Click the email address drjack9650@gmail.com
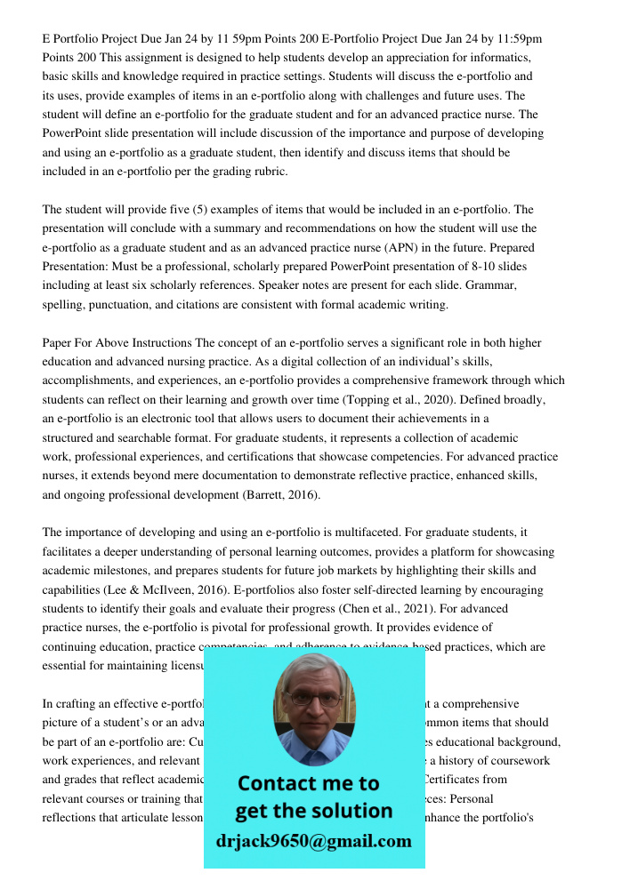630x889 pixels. click(x=314, y=841)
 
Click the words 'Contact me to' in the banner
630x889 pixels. click(x=309, y=783)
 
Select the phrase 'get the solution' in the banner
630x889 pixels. click(x=314, y=811)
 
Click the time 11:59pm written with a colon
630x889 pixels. click(x=515, y=39)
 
